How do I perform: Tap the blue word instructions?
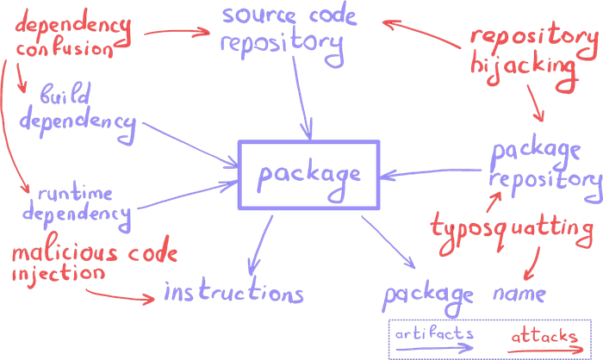coord(234,294)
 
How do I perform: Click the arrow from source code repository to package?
coord(299,99)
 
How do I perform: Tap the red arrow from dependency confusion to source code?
coord(177,33)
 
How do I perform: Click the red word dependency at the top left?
coord(73,24)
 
